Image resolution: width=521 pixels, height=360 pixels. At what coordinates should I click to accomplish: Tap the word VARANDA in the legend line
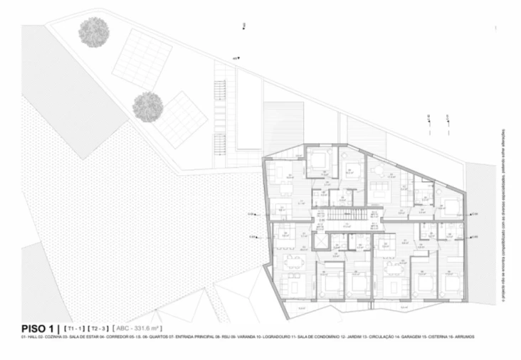[243, 337]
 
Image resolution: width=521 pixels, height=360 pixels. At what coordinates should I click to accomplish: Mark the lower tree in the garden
[147, 107]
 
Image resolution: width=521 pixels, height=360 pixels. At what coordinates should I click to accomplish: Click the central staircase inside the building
[349, 216]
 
